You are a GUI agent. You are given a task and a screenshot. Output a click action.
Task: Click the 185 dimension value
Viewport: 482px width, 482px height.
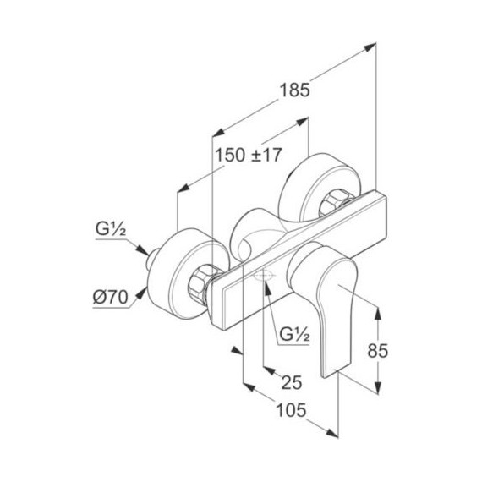(x=294, y=90)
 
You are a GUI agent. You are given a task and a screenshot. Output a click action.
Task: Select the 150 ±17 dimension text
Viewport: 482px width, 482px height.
(x=248, y=155)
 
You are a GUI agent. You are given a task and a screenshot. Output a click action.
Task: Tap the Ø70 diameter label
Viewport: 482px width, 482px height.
(x=111, y=298)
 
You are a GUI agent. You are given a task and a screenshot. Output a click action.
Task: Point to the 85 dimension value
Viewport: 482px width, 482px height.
(x=378, y=350)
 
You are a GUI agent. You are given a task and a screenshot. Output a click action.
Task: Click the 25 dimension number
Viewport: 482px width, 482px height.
(x=292, y=382)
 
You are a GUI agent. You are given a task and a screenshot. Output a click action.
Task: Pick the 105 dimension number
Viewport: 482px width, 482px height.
(x=292, y=410)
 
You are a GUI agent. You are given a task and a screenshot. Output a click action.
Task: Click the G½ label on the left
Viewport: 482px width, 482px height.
(x=111, y=228)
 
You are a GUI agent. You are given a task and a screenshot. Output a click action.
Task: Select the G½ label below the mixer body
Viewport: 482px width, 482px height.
(x=294, y=335)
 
